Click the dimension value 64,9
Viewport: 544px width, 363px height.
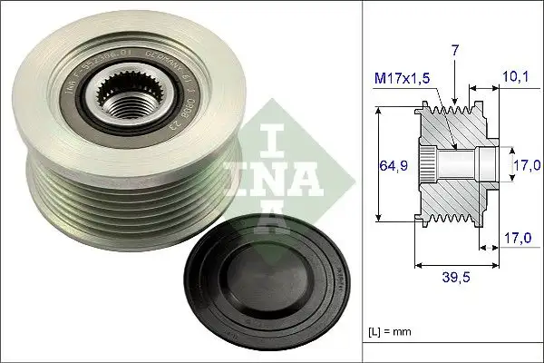387,166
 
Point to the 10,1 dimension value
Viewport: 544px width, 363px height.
514,78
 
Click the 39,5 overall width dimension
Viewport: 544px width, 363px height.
457,279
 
